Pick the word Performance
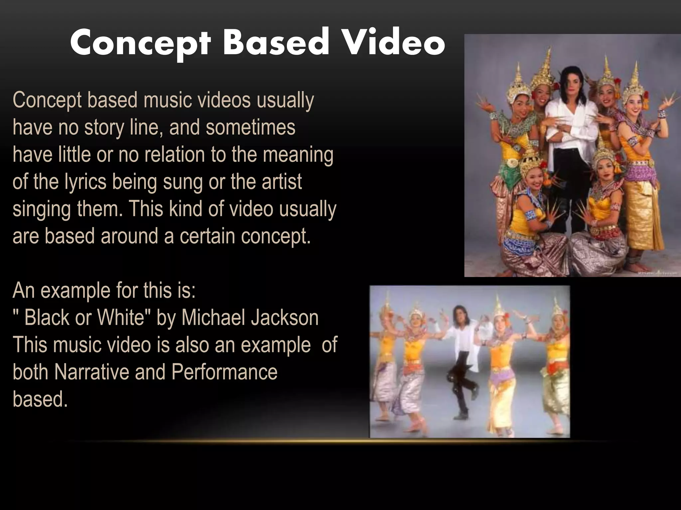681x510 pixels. (224, 372)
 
